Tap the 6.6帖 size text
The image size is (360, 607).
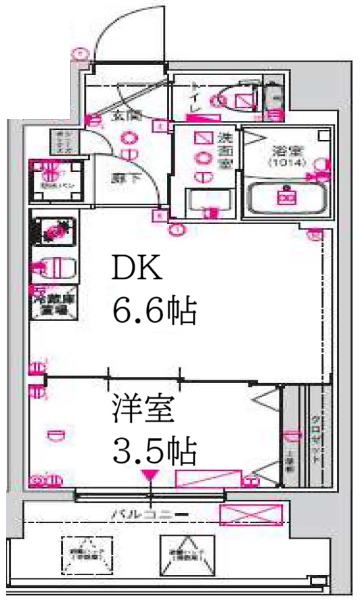point(154,312)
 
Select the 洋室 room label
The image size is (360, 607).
point(145,408)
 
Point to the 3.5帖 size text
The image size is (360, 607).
point(154,449)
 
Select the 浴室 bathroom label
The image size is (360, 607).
point(287,150)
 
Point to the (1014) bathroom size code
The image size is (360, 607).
point(287,163)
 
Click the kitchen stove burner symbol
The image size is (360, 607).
point(52,231)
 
